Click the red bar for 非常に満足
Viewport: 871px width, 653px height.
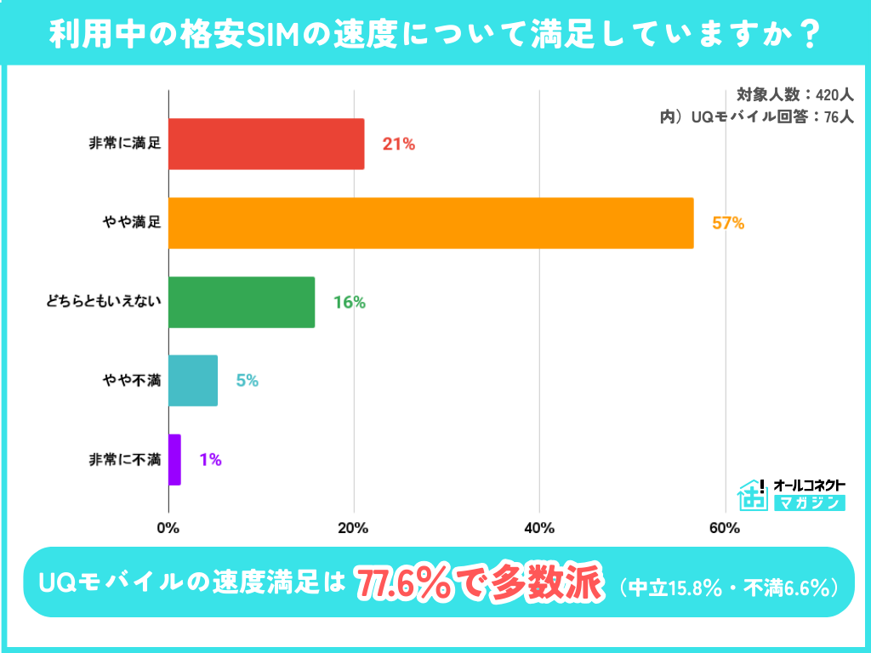[x=266, y=144]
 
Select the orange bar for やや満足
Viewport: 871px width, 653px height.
[x=430, y=223]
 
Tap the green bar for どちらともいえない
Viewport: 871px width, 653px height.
[x=242, y=302]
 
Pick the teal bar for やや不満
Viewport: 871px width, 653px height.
[x=193, y=381]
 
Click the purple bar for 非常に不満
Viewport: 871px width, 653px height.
[x=174, y=460]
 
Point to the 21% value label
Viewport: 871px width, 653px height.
[x=398, y=145]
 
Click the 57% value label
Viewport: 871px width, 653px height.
[x=728, y=224]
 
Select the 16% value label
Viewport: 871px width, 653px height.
[x=349, y=303]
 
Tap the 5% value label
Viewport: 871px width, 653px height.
[x=247, y=381]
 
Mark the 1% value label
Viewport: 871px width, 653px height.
[x=210, y=460]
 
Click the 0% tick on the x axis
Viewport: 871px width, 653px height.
[x=168, y=528]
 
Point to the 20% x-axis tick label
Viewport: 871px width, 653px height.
[x=353, y=528]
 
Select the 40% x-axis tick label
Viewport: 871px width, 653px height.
[x=539, y=528]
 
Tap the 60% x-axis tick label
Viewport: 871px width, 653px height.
[x=724, y=528]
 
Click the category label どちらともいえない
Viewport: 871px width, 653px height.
[x=103, y=302]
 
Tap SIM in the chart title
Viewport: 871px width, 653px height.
[x=271, y=34]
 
